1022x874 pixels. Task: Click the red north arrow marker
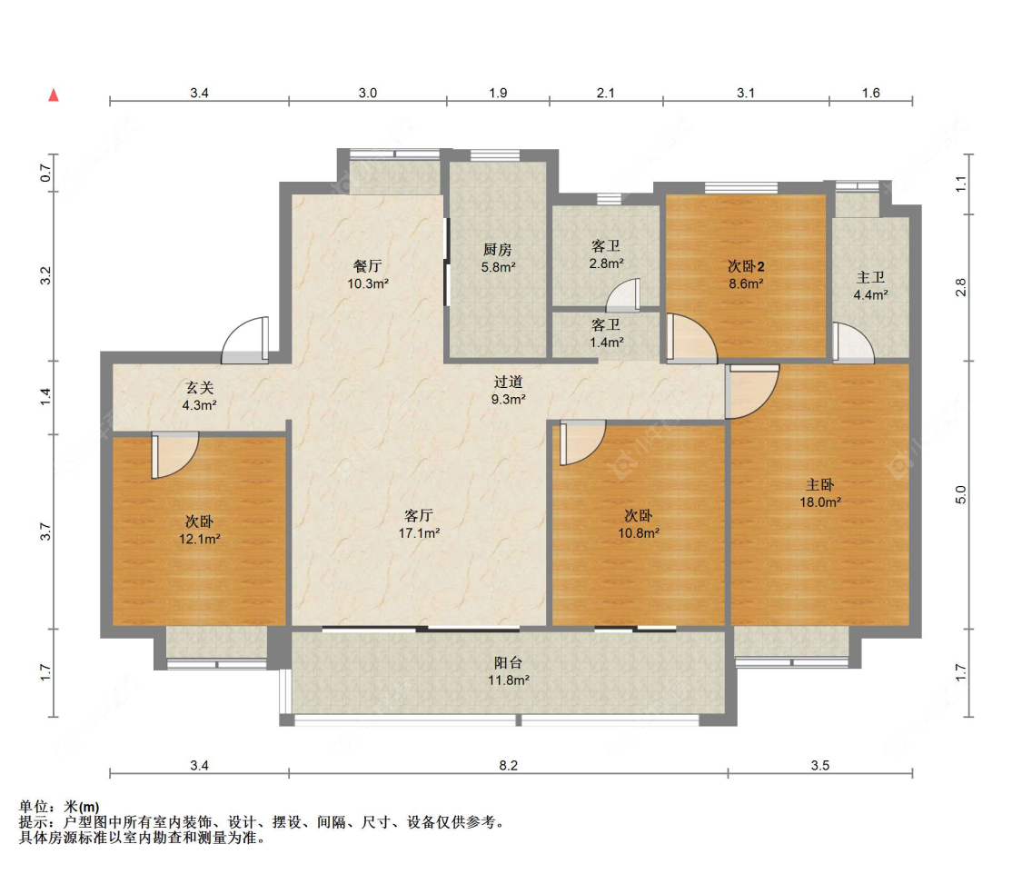(x=54, y=95)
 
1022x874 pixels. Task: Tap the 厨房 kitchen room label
(x=497, y=250)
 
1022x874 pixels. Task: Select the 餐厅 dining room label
(x=368, y=266)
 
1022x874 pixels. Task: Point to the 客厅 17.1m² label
(x=419, y=524)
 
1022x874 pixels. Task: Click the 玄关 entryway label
(x=200, y=388)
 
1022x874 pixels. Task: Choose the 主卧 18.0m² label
(x=820, y=493)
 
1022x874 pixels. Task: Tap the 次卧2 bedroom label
(x=747, y=266)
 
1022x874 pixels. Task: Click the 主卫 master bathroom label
(x=871, y=278)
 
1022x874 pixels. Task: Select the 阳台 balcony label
(x=509, y=663)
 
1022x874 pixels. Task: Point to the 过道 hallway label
(x=509, y=382)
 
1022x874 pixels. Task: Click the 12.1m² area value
(x=200, y=540)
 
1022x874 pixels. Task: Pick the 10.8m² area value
(x=639, y=533)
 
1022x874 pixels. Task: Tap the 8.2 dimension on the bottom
(x=509, y=765)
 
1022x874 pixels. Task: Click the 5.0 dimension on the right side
(x=961, y=495)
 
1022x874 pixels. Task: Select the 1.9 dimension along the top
(x=498, y=94)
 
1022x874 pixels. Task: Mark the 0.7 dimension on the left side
(x=45, y=174)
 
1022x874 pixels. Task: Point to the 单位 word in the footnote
(x=34, y=808)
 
